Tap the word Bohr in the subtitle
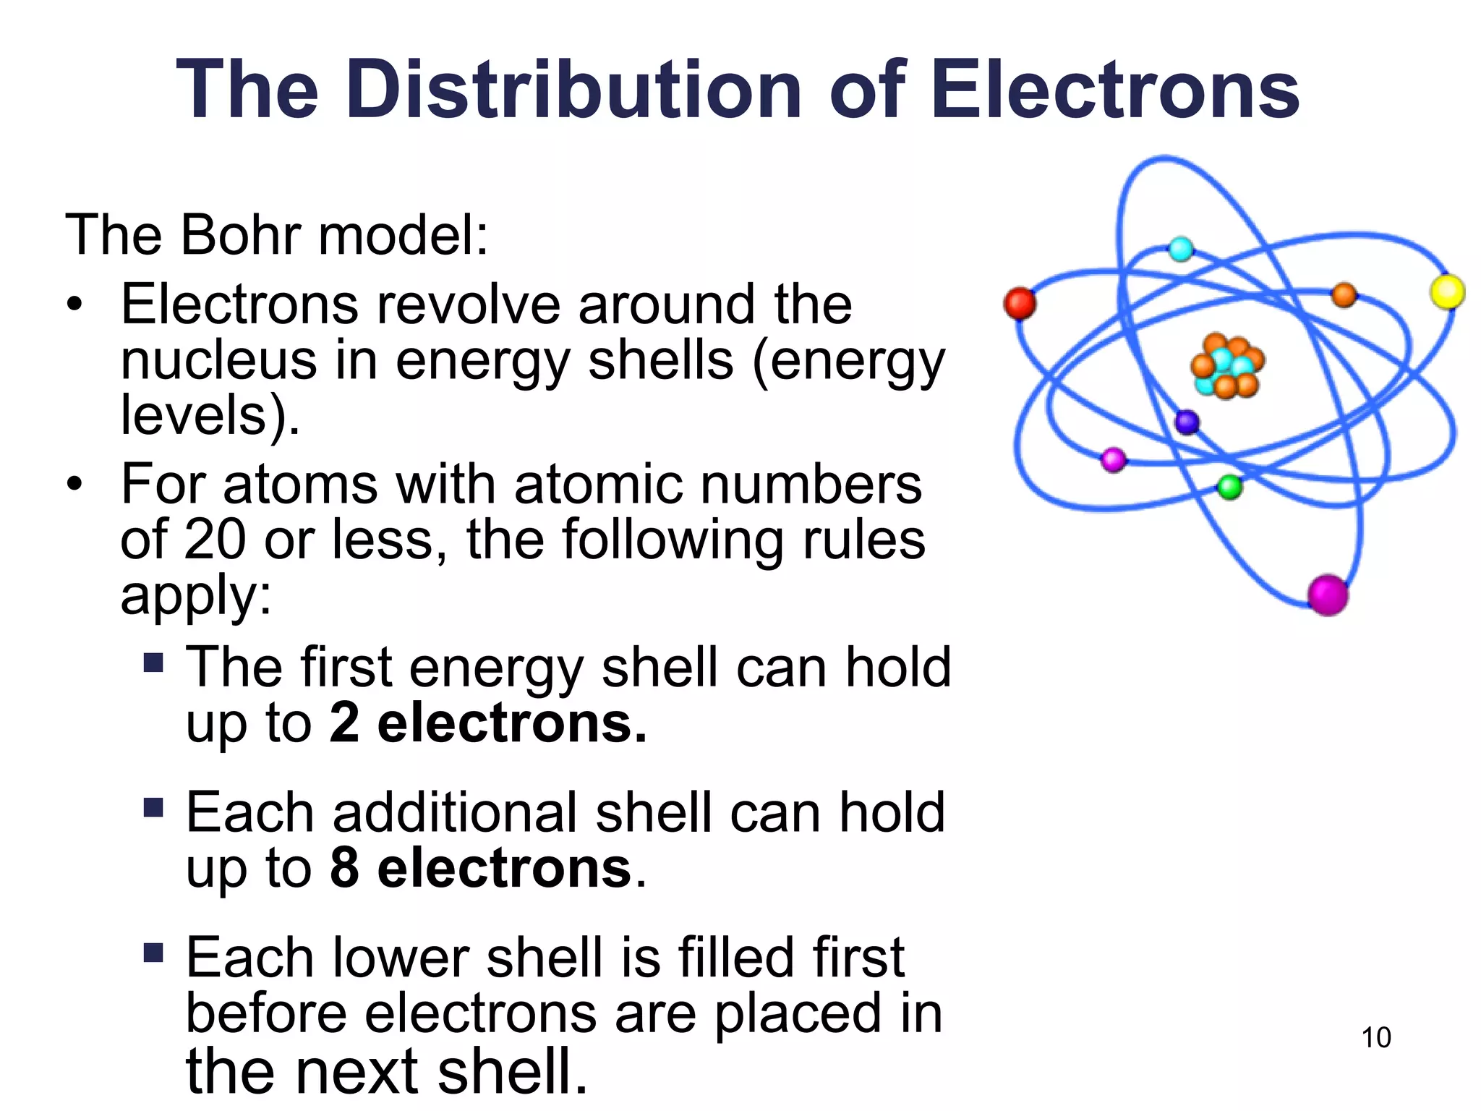pyautogui.click(x=240, y=235)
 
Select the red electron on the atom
pyautogui.click(x=1020, y=303)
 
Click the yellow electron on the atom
pyautogui.click(x=1447, y=292)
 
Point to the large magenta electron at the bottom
pyautogui.click(x=1328, y=595)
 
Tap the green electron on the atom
pyautogui.click(x=1229, y=487)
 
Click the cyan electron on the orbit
pyautogui.click(x=1181, y=249)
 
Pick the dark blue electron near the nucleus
pyautogui.click(x=1187, y=422)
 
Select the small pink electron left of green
pyautogui.click(x=1113, y=459)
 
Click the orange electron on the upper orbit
pyautogui.click(x=1344, y=294)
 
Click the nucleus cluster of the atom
pyautogui.click(x=1227, y=366)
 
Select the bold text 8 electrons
pyautogui.click(x=481, y=868)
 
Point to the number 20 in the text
pyautogui.click(x=215, y=540)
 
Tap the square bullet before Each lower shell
pyautogui.click(x=153, y=953)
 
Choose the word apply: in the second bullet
pyautogui.click(x=196, y=596)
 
